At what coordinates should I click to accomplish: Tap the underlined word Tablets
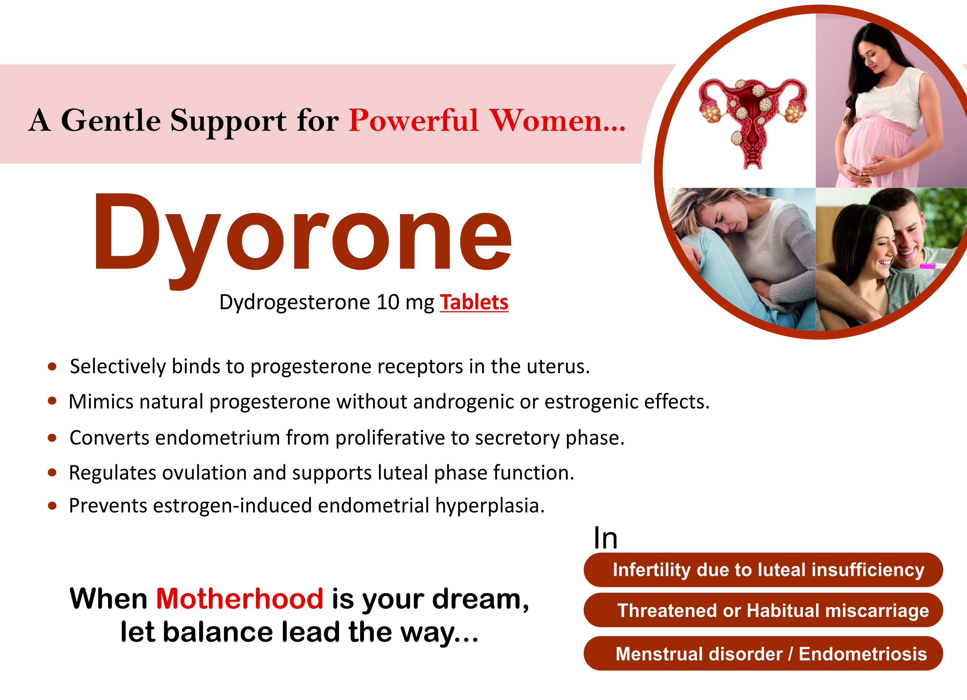tap(474, 302)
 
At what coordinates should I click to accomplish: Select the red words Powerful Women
tap(486, 121)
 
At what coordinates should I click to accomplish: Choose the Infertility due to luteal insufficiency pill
tap(763, 570)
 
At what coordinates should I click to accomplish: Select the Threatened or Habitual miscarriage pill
tap(763, 610)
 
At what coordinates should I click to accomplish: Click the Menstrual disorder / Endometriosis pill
tap(763, 654)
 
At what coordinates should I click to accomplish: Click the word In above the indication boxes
tap(605, 539)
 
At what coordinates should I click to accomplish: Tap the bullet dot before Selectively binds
tap(52, 367)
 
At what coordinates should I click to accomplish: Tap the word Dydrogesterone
tap(295, 302)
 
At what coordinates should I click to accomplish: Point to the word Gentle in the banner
tap(111, 121)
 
